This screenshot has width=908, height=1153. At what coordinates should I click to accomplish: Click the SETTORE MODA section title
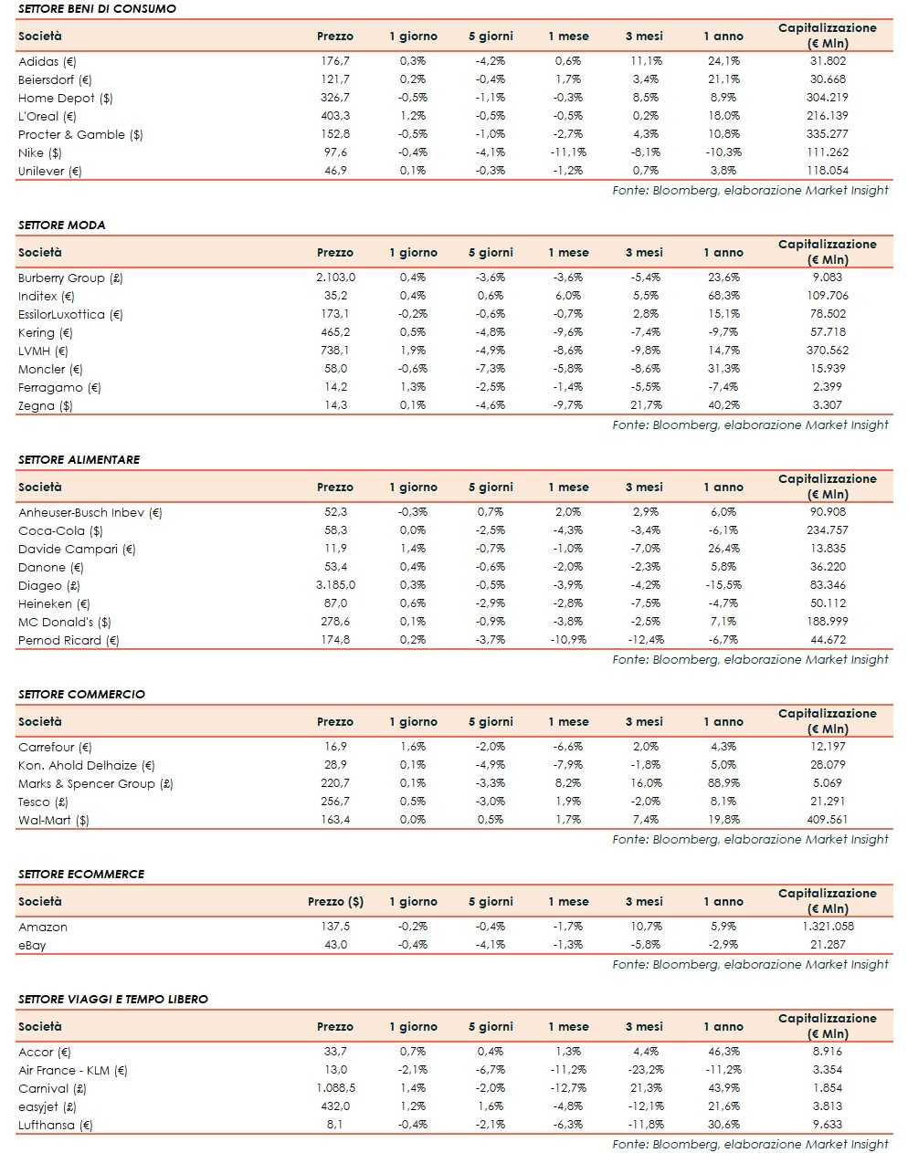pyautogui.click(x=61, y=225)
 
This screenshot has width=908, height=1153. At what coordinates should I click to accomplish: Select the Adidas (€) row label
pyautogui.click(x=48, y=61)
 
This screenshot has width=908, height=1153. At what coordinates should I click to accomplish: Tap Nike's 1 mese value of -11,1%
pyautogui.click(x=567, y=152)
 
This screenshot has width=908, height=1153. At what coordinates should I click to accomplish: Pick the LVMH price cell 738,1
pyautogui.click(x=335, y=351)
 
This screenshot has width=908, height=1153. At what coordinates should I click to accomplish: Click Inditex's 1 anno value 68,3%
pyautogui.click(x=723, y=296)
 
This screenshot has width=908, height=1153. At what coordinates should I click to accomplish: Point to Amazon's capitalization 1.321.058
pyautogui.click(x=827, y=927)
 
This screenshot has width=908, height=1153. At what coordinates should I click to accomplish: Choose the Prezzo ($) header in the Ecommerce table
pyautogui.click(x=335, y=902)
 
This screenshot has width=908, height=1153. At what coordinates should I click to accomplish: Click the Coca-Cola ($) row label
pyautogui.click(x=60, y=530)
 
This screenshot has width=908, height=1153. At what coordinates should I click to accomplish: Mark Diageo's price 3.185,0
pyautogui.click(x=335, y=585)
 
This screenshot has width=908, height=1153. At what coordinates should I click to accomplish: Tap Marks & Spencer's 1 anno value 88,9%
pyautogui.click(x=723, y=783)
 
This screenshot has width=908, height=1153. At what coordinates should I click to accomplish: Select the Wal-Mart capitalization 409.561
pyautogui.click(x=827, y=820)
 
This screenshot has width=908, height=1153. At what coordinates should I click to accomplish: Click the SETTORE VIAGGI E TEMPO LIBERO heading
pyautogui.click(x=112, y=999)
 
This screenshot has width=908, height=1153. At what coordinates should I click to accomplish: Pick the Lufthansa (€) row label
pyautogui.click(x=55, y=1125)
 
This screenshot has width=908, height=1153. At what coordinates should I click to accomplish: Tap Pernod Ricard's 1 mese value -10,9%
pyautogui.click(x=567, y=640)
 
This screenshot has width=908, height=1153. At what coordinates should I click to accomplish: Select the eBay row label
pyautogui.click(x=32, y=945)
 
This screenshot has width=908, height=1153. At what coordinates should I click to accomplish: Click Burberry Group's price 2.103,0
pyautogui.click(x=335, y=278)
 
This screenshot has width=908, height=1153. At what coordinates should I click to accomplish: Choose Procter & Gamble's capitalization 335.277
pyautogui.click(x=827, y=134)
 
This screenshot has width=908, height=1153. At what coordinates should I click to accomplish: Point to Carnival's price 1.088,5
pyautogui.click(x=335, y=1088)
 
